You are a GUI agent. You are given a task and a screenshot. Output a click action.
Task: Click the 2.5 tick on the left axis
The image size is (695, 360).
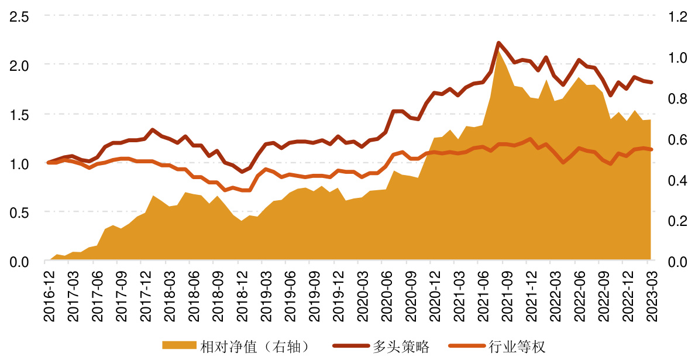[x=18, y=16]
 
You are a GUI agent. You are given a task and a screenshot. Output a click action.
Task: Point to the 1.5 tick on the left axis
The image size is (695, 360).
[x=18, y=114]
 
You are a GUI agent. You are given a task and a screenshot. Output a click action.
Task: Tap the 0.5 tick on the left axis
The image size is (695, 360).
[x=18, y=212]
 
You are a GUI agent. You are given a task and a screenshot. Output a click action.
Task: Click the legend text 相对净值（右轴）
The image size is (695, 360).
[x=253, y=347]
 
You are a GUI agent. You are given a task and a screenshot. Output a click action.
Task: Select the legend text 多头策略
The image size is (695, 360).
[x=401, y=347]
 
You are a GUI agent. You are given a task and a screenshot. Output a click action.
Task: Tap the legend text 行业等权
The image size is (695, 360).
[x=517, y=347]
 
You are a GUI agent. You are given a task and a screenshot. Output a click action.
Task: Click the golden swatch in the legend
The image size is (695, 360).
[x=179, y=347]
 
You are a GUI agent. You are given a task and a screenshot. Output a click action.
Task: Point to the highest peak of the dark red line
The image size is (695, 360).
[x=498, y=43]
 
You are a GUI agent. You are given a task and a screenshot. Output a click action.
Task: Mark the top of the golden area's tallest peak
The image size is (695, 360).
[x=498, y=53]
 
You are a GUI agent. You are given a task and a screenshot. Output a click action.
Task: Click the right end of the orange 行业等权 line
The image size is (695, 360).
[x=651, y=149]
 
